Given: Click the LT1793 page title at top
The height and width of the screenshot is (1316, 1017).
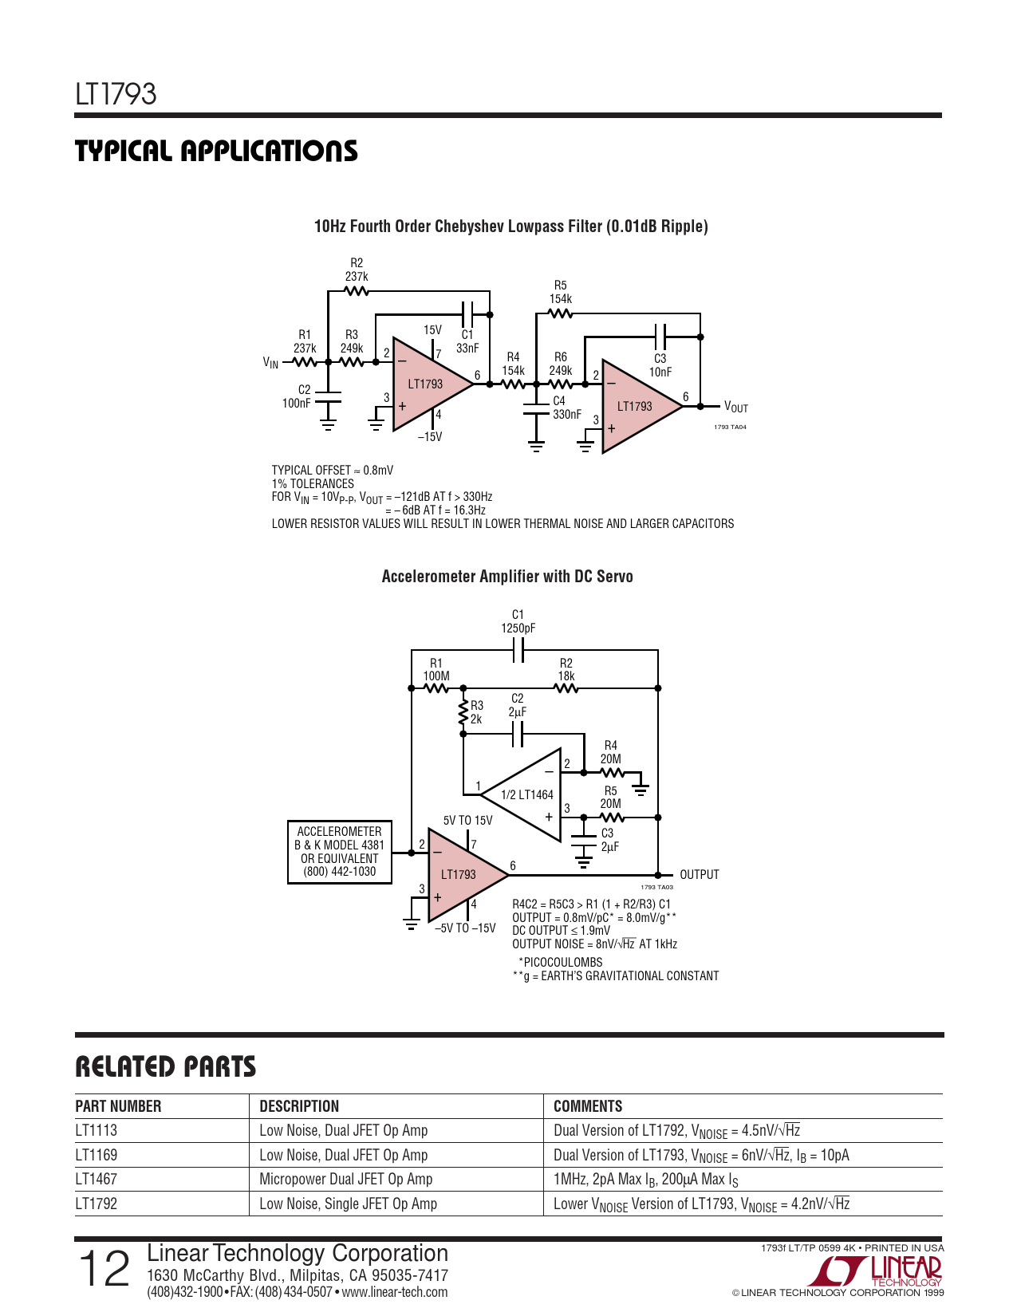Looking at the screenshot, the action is (x=116, y=94).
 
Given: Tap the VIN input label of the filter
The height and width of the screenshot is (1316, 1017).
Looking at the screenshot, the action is (x=270, y=363).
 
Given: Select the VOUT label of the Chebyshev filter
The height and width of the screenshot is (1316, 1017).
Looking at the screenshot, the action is (x=736, y=407).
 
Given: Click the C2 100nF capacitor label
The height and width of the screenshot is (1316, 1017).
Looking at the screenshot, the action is (x=296, y=396).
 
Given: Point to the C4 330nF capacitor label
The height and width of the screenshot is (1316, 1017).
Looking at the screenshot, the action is (x=566, y=408).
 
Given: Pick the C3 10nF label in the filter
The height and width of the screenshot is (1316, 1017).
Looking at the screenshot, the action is (x=660, y=365).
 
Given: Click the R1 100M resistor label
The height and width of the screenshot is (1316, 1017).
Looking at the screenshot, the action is (x=436, y=669).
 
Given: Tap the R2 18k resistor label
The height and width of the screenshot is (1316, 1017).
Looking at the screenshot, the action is (x=566, y=669).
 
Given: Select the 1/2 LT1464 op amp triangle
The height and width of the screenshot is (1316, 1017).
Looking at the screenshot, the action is (x=522, y=794).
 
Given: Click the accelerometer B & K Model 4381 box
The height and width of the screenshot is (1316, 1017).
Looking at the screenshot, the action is (x=339, y=852).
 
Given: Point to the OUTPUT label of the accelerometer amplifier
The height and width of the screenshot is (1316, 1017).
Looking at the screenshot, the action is (x=699, y=874).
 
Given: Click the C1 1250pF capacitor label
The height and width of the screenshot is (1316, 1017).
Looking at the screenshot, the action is (x=518, y=621).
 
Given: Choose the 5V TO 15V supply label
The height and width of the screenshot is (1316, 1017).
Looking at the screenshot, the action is (x=467, y=820).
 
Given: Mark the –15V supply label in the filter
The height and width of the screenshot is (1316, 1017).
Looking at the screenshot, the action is (x=429, y=436).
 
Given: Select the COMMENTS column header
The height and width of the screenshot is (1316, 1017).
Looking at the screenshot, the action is (x=588, y=1106).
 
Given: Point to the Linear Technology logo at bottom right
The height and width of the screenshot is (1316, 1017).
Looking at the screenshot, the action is (x=874, y=1271).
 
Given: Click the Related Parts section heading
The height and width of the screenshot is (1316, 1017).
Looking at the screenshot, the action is (x=165, y=1067).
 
